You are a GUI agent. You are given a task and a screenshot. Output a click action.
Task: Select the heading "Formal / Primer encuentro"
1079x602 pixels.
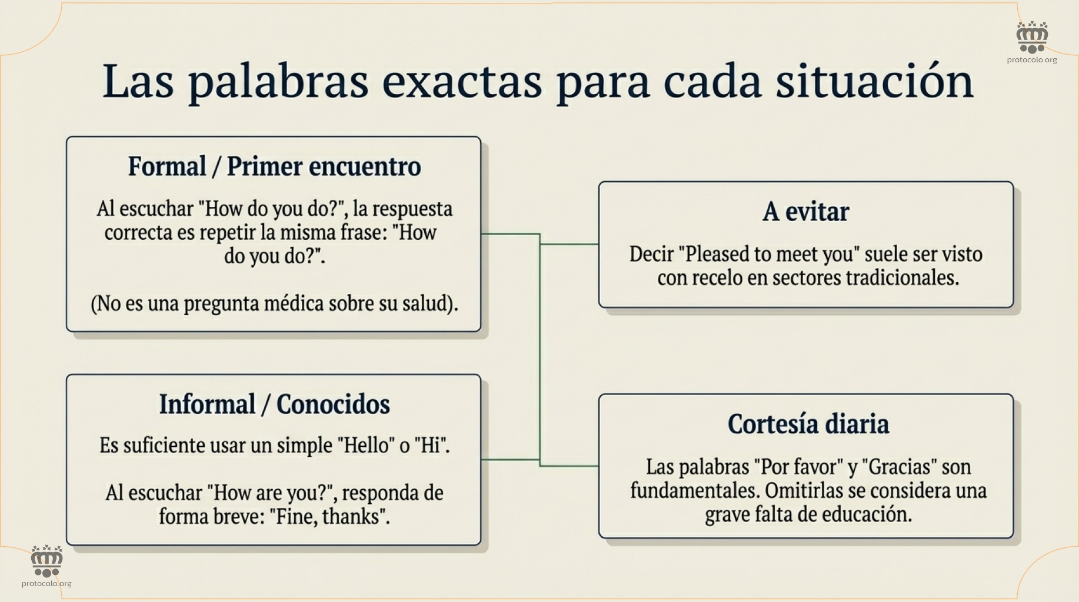pos(274,166)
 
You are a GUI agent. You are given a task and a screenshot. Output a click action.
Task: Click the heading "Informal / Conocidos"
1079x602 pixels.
pos(274,404)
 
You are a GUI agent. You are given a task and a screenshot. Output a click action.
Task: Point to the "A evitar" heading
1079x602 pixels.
pos(805,212)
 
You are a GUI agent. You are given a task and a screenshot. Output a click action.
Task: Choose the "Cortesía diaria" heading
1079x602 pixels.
pos(808,424)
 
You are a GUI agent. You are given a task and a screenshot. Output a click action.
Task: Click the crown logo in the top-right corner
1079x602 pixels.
pos(1032,38)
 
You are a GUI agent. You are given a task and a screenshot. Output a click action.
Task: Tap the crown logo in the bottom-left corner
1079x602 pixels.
pos(46,561)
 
